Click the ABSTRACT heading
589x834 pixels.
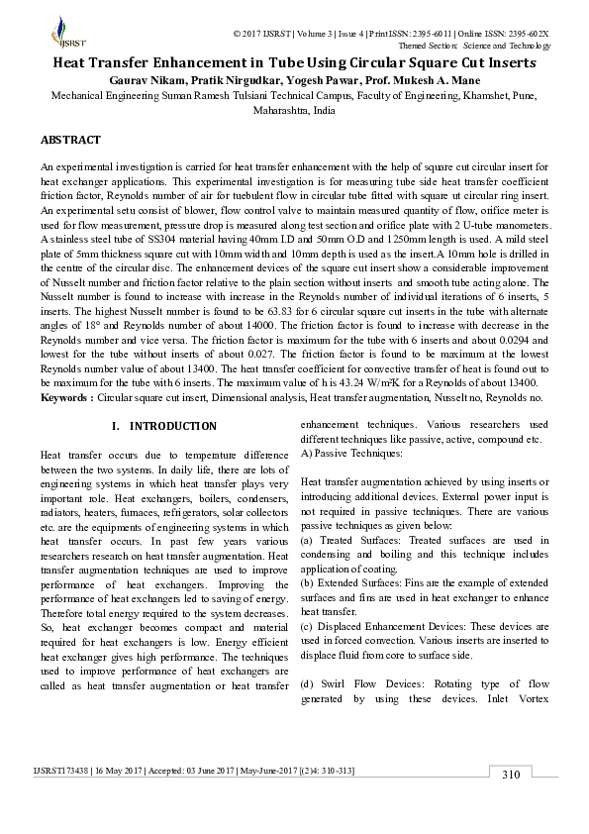coord(70,141)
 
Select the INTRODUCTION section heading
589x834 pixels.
coord(172,426)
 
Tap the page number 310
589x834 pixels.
coord(510,775)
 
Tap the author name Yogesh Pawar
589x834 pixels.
coord(336,79)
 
